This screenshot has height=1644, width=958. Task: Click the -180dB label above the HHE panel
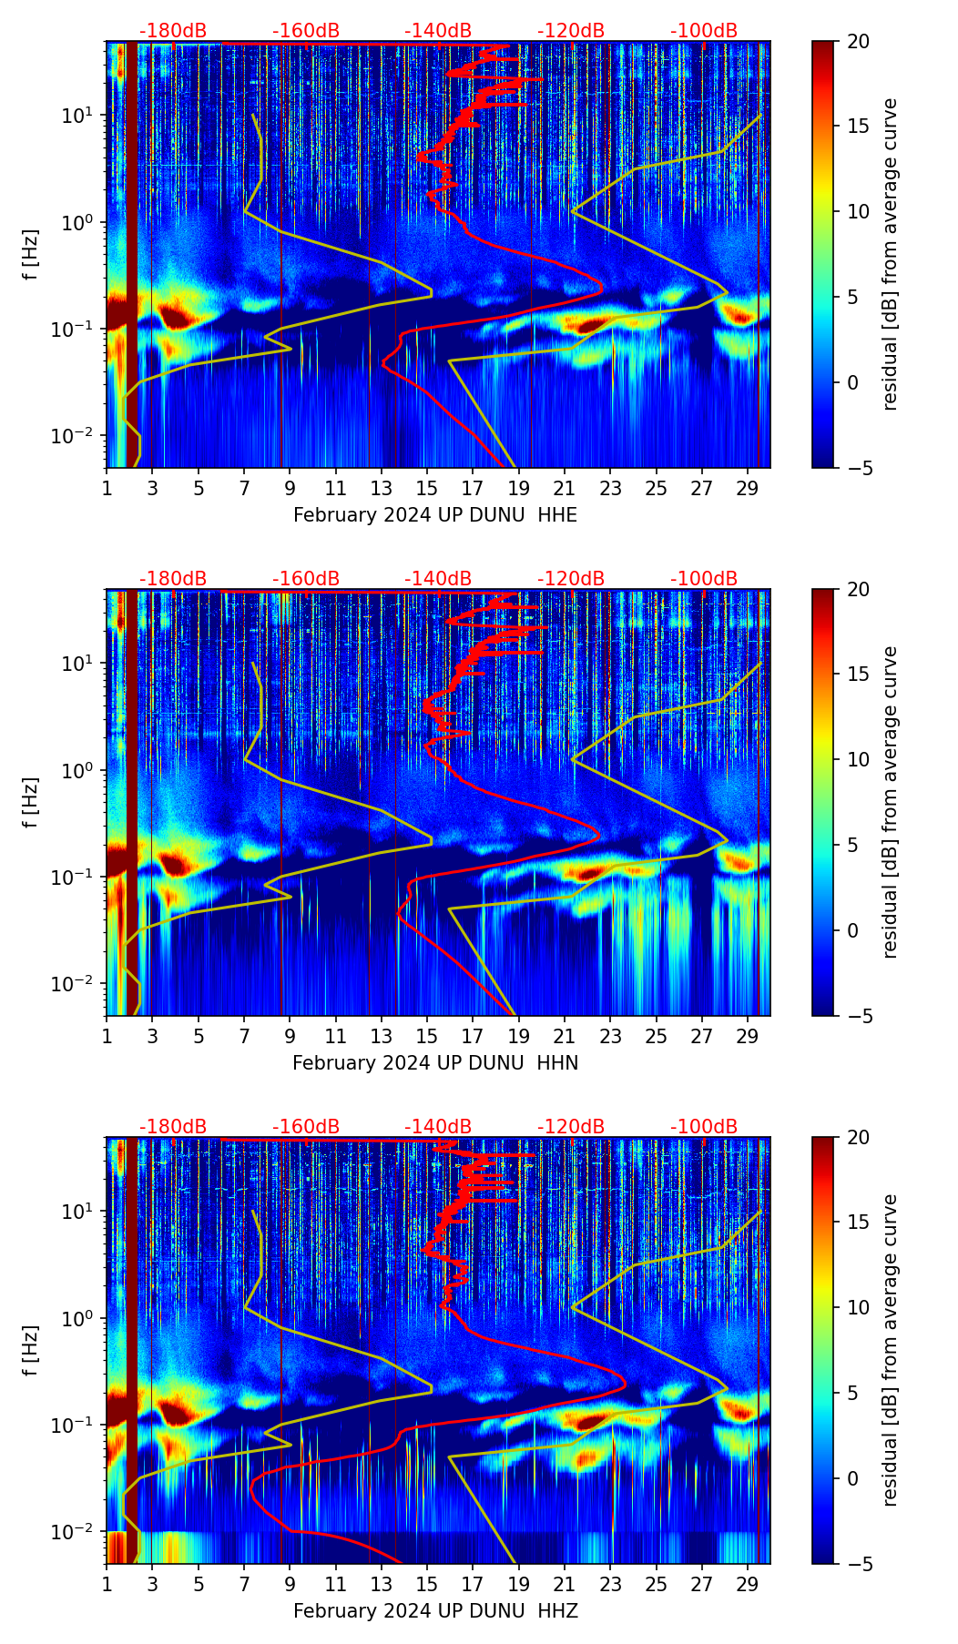[173, 31]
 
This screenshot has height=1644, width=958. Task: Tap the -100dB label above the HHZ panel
[704, 1127]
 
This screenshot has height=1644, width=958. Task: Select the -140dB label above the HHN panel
[438, 579]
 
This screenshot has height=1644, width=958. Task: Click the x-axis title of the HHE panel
[435, 515]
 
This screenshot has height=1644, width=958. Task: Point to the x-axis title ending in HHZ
[435, 1611]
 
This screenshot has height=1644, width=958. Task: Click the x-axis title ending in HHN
[435, 1063]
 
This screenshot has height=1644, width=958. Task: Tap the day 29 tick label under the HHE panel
[748, 488]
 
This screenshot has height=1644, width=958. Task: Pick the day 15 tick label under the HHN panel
[427, 1036]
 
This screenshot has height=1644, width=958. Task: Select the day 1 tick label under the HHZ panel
[107, 1584]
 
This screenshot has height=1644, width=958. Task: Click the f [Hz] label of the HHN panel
[31, 802]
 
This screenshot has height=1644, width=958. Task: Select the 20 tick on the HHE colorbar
[858, 42]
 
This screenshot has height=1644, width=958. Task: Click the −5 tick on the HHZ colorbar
[858, 1564]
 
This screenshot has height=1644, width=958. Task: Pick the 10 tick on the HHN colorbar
[858, 759]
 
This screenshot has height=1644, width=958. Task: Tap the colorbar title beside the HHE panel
[891, 254]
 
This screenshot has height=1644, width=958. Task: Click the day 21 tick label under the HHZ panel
[565, 1584]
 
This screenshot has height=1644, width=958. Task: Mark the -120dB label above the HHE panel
[571, 31]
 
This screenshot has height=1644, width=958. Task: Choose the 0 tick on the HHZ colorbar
[852, 1478]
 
